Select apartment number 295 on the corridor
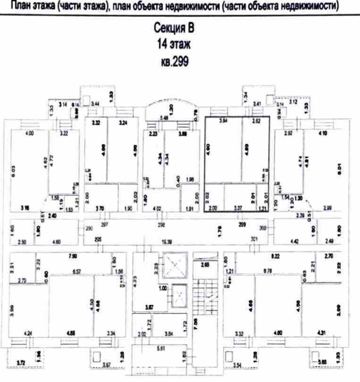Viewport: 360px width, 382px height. [x=98, y=238]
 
